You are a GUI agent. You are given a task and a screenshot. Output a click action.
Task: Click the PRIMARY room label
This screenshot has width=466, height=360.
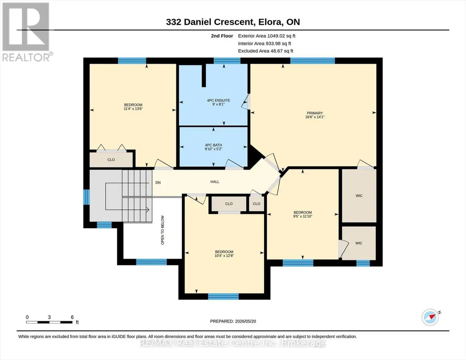pos(315,113)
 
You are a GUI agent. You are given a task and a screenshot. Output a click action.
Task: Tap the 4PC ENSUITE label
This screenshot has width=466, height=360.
pos(218,100)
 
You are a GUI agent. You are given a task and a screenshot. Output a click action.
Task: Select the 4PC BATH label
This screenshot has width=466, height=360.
pos(213,145)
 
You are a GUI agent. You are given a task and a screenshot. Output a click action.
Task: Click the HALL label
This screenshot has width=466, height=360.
pos(215,182)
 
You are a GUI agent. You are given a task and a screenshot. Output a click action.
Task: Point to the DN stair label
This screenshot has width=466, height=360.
pos(158,183)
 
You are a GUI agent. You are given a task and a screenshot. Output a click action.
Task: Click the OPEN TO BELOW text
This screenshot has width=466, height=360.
pos(163,230)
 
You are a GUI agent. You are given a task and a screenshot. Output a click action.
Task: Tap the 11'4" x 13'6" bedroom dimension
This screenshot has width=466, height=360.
pos(133,109)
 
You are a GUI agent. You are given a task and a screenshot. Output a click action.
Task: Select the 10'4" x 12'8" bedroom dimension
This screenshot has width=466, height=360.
pos(224,255)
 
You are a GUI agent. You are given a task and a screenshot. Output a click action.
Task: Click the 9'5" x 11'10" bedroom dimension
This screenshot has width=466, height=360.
pos(302,216)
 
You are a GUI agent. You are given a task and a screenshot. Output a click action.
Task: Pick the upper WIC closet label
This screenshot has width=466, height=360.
pos(359,196)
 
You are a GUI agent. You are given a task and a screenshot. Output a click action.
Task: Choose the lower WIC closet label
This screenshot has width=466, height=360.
pos(359,243)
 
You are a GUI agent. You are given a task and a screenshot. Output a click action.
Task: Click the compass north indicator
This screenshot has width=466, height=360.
pos(431,317)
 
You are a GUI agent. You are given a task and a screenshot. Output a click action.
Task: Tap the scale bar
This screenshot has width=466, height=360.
pos(50,322)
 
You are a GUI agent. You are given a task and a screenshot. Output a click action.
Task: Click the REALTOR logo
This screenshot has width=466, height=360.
pos(27,32)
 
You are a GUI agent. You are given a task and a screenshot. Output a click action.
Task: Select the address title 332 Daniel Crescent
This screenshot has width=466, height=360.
pos(210,22)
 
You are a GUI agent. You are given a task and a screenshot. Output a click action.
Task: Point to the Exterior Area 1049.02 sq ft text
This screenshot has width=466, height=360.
pos(266,36)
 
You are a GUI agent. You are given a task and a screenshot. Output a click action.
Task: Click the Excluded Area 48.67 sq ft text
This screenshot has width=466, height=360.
pos(266,51)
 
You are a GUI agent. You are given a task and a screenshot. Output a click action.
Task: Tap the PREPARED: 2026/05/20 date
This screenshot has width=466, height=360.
pos(233,321)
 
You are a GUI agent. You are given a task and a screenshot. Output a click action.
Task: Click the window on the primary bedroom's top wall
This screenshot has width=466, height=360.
pos(312,60)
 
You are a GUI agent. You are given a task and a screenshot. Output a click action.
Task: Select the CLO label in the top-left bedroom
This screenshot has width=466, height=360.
pos(111,160)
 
